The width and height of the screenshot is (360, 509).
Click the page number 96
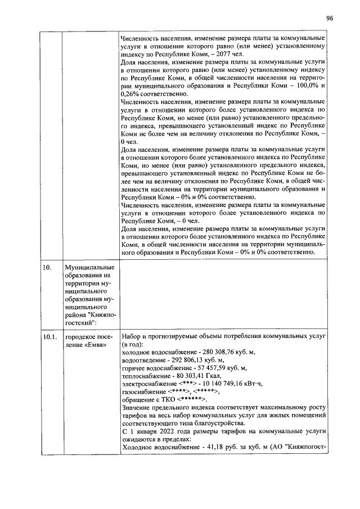tap(330, 18)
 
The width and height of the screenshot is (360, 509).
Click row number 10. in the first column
tap(47, 267)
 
